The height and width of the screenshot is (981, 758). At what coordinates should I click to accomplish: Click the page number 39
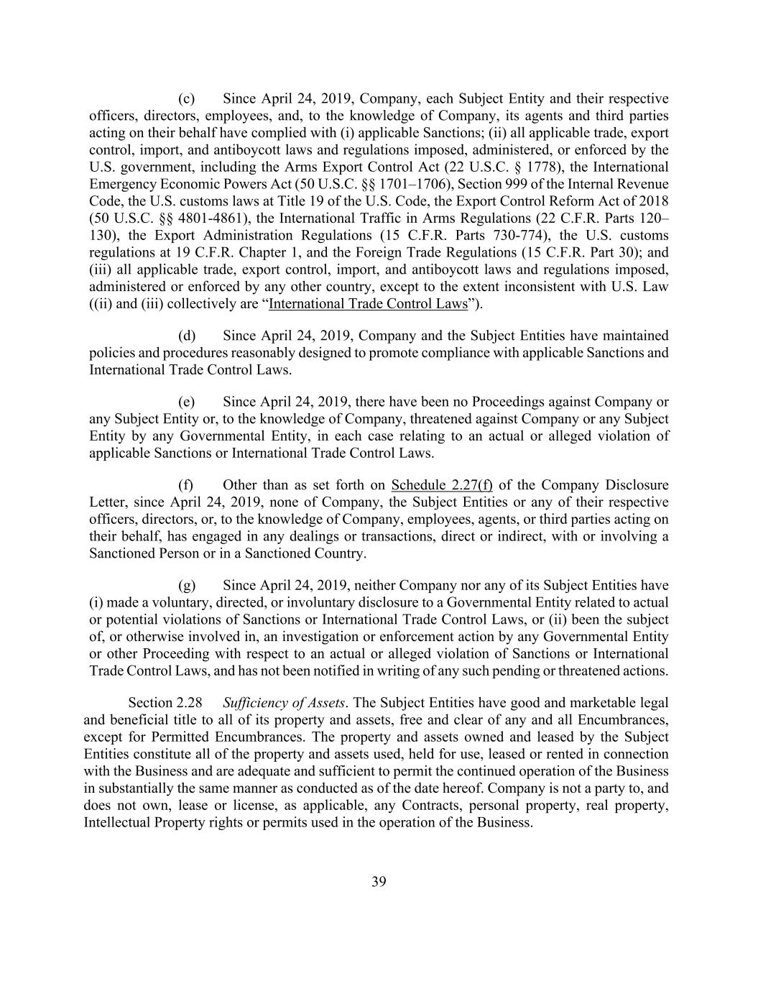click(379, 883)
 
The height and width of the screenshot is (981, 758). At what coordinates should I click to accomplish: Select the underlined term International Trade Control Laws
click(368, 303)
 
